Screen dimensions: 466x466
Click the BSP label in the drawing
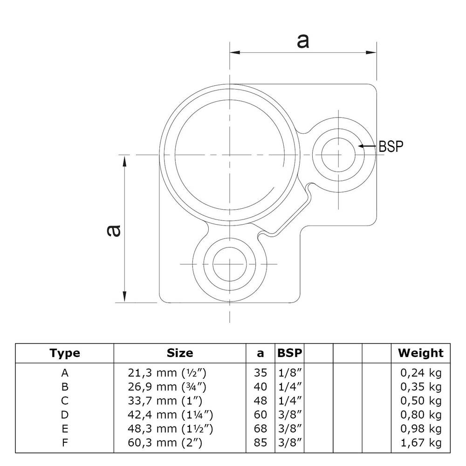pyautogui.click(x=391, y=146)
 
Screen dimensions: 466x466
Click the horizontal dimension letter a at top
pyautogui.click(x=302, y=41)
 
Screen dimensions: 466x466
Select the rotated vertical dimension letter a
pyautogui.click(x=113, y=230)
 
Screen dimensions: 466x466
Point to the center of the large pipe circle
pyautogui.click(x=230, y=154)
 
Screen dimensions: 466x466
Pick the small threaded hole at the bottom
pyautogui.click(x=230, y=264)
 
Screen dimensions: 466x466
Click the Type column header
pyautogui.click(x=65, y=353)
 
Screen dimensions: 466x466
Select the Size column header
pyautogui.click(x=179, y=353)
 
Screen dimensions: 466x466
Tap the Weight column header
pyautogui.click(x=420, y=353)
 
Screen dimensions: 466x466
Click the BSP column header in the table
pyautogui.click(x=289, y=353)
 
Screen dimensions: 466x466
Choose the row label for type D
pyautogui.click(x=65, y=414)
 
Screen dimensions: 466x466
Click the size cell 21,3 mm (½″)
pyautogui.click(x=166, y=372)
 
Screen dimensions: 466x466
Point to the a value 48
pyautogui.click(x=261, y=400)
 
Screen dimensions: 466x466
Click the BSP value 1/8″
pyautogui.click(x=289, y=372)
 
